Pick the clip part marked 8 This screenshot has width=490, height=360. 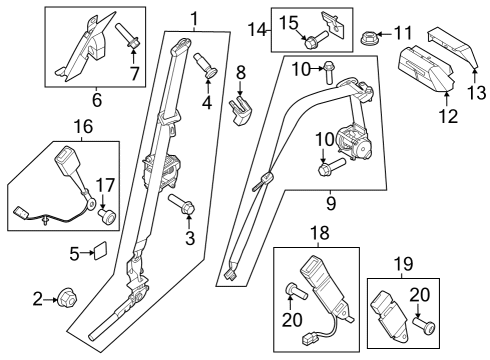pyautogui.click(x=240, y=105)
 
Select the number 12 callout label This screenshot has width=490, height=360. pyautogui.click(x=447, y=116)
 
